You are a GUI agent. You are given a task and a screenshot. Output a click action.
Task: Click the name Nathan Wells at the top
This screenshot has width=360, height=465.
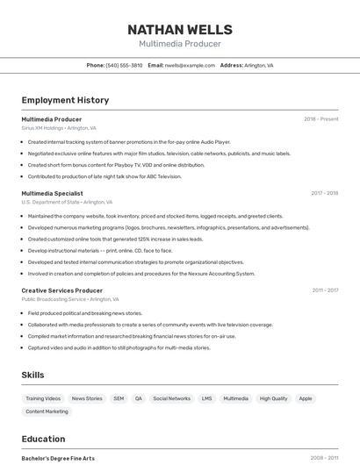(x=180, y=30)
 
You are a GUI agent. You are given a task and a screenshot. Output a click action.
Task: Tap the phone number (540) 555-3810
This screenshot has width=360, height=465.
(x=124, y=65)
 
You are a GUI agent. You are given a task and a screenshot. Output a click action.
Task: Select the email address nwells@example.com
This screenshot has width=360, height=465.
(x=190, y=65)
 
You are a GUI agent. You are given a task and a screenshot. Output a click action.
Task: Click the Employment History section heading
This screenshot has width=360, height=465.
(x=65, y=100)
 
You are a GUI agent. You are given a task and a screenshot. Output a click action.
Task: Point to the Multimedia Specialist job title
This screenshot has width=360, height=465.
(x=52, y=193)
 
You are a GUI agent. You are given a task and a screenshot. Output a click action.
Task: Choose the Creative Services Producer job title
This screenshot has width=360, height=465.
(x=61, y=290)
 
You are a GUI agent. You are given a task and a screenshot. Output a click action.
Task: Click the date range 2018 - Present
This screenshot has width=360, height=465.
(x=320, y=119)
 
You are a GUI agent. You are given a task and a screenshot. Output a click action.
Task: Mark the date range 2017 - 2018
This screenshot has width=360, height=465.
(x=324, y=193)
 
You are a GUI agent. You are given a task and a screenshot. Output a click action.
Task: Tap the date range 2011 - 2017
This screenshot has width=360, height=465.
(x=325, y=290)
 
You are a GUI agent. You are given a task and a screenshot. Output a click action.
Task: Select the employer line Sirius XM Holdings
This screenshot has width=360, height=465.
(x=59, y=128)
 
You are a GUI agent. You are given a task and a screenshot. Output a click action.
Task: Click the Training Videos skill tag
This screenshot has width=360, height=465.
(x=43, y=398)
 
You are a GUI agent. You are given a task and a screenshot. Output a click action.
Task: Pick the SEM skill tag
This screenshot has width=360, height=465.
(x=119, y=398)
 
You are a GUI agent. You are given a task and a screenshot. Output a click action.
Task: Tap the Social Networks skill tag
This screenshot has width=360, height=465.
(x=171, y=398)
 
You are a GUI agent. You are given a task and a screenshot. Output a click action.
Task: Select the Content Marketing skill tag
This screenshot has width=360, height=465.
(x=47, y=411)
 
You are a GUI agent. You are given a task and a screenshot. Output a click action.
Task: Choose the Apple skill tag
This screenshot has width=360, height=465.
(x=306, y=398)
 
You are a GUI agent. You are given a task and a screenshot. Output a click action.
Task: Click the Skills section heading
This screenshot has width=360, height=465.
(x=32, y=375)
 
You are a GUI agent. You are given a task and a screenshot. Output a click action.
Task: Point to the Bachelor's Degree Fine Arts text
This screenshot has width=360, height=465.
(x=58, y=458)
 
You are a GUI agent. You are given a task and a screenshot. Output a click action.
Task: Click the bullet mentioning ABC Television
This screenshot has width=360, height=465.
(x=104, y=176)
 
